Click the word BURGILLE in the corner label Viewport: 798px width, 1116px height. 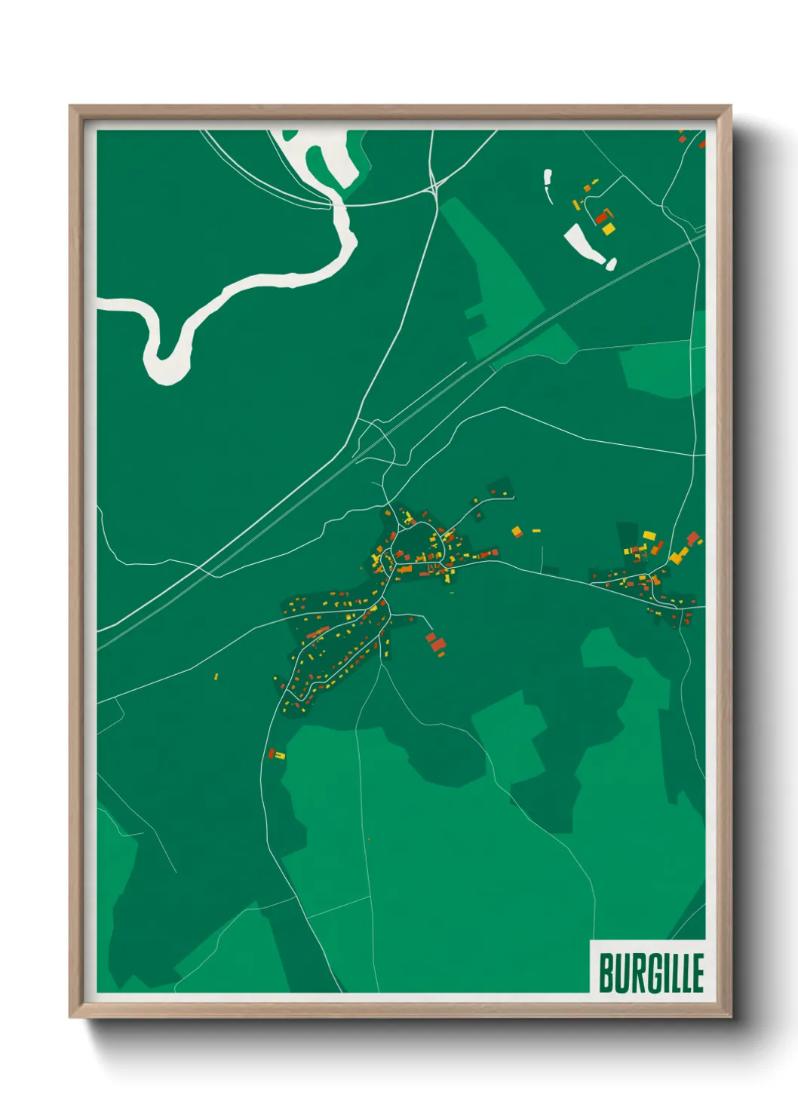coord(651,973)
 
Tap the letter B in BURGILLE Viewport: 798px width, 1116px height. coord(606,973)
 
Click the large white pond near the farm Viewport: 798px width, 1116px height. coord(587,245)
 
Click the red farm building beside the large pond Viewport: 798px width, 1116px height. coord(601,218)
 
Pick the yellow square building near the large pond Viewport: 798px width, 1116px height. coord(608,228)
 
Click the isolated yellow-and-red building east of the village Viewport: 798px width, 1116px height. coord(517,532)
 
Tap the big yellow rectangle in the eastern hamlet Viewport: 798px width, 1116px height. coord(649,535)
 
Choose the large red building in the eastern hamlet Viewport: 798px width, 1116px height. coord(692,538)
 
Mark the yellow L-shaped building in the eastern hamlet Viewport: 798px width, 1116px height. coord(677,556)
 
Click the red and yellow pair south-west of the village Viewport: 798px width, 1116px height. coord(276,753)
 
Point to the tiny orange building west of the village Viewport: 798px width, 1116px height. coord(216,676)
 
